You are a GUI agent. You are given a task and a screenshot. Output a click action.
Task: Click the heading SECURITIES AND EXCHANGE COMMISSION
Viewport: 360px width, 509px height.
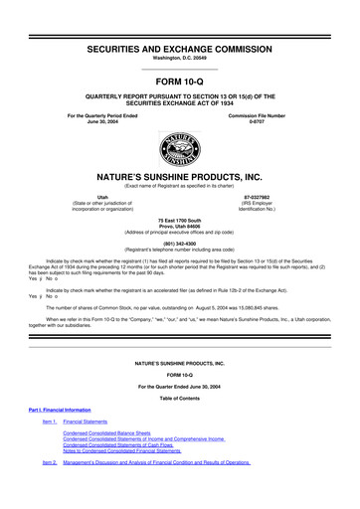point(180,21)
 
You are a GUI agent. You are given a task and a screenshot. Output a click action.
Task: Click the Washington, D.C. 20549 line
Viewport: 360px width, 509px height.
point(180,32)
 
